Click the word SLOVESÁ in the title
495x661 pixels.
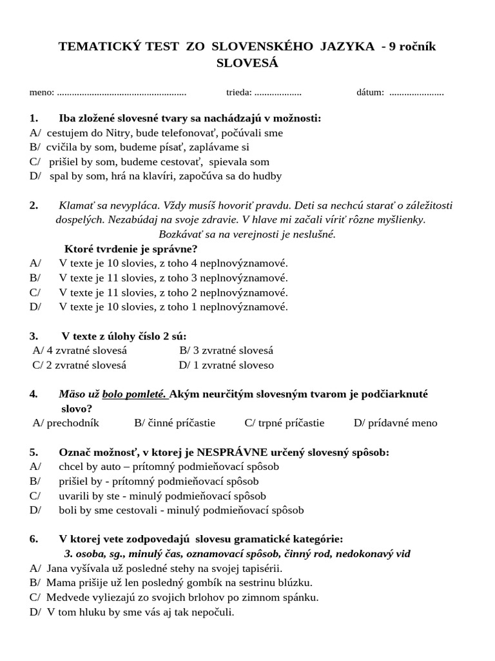[x=247, y=63]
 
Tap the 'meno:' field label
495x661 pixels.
[x=42, y=92]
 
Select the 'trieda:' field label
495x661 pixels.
[x=239, y=92]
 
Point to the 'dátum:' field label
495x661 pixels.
[x=370, y=92]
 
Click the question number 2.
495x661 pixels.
[x=34, y=205]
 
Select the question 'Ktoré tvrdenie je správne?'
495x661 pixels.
[x=131, y=249]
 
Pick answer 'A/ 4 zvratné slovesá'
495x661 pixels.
[x=79, y=351]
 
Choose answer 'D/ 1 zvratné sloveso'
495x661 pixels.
[x=226, y=365]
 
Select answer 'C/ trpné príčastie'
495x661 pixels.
[x=284, y=423]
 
